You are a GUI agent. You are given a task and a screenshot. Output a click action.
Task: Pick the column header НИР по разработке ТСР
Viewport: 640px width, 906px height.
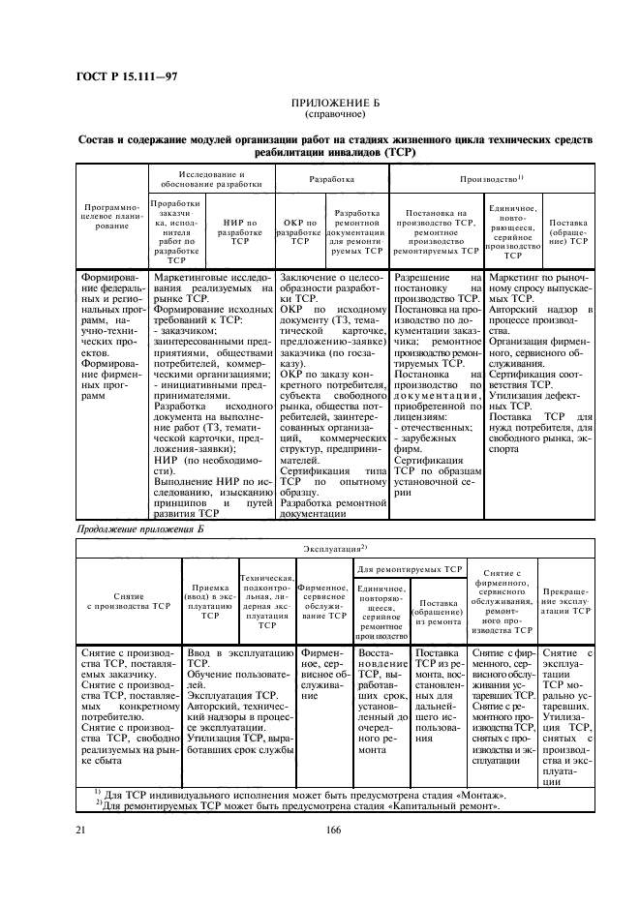click(x=240, y=233)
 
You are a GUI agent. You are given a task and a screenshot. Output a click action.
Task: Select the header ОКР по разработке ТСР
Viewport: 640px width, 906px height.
click(x=300, y=233)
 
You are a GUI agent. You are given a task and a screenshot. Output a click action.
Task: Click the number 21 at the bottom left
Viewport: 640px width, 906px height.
click(x=80, y=830)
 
